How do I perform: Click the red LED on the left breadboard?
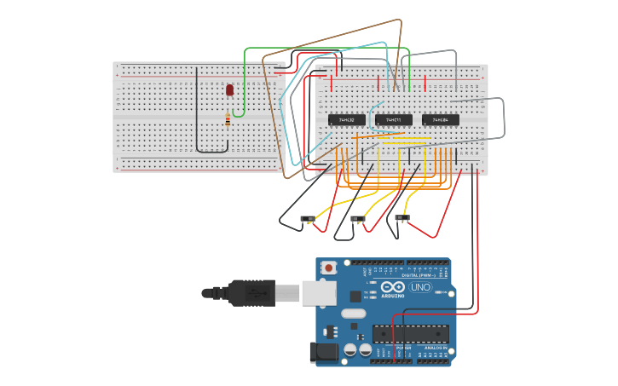point(229,89)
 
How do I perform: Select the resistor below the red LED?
point(228,119)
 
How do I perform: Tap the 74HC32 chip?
point(347,120)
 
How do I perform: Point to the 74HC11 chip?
point(394,120)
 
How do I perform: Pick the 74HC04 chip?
point(441,120)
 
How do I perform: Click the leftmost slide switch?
point(307,219)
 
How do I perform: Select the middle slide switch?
point(358,219)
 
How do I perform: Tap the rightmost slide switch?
point(402,218)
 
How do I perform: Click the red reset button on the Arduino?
point(328,268)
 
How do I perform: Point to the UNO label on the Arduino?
point(421,287)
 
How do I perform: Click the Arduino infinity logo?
point(393,286)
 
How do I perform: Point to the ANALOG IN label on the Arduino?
point(436,349)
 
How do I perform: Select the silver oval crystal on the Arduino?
point(354,313)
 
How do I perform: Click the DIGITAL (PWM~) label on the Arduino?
point(418,275)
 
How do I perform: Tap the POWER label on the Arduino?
point(403,349)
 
